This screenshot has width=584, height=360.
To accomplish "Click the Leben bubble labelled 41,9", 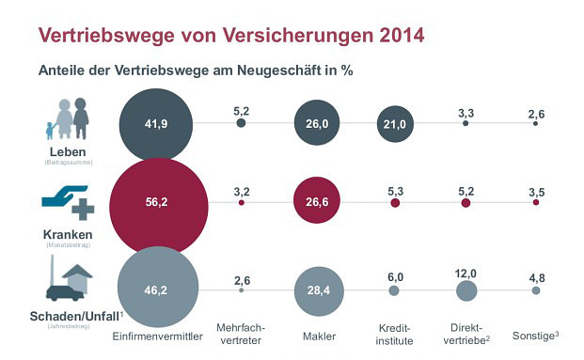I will click(x=156, y=123).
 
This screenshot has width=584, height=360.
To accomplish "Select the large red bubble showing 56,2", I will click(x=159, y=203).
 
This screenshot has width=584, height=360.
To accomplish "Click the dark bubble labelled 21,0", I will click(x=395, y=124).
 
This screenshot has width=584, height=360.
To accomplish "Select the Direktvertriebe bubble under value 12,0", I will click(x=466, y=291).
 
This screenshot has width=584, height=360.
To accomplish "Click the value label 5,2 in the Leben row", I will click(x=241, y=110).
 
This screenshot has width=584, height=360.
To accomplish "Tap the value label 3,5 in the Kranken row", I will click(x=536, y=189).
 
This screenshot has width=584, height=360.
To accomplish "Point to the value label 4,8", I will click(x=536, y=276).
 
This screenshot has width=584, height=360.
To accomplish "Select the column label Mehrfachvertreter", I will click(x=241, y=334).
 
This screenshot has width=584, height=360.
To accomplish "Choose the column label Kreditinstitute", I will click(x=394, y=334).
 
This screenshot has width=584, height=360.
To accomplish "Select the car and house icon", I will click(x=70, y=281).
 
